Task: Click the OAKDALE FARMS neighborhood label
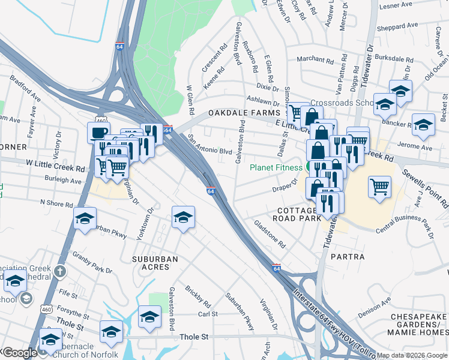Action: (244, 113)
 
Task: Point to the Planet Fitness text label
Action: (276, 167)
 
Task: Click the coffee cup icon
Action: (98, 132)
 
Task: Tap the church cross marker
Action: (59, 272)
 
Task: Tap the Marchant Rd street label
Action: (315, 59)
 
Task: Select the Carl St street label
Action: (208, 314)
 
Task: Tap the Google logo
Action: (20, 353)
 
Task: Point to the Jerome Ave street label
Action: (418, 148)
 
